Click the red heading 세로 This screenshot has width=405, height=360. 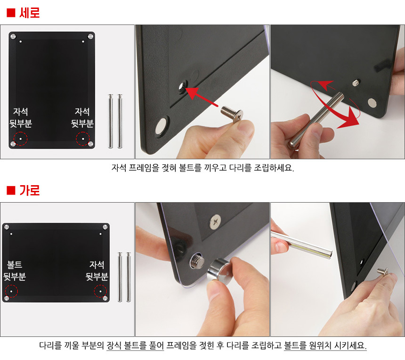click(30, 13)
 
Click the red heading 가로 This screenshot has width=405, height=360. click(30, 190)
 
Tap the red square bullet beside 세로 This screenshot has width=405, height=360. click(11, 13)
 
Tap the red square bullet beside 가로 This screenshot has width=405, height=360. click(11, 190)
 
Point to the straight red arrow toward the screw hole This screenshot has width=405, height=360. click(202, 97)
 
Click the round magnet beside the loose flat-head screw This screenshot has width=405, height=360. click(162, 126)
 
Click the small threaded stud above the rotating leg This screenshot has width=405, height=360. click(356, 83)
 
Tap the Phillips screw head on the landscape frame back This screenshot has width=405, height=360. click(215, 222)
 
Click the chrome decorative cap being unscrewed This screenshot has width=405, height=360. click(218, 270)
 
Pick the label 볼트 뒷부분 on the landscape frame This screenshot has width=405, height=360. click(15, 270)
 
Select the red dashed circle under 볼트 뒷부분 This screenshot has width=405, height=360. click(11, 291)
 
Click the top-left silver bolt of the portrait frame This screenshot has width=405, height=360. click(13, 36)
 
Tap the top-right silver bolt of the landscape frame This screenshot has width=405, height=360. click(105, 227)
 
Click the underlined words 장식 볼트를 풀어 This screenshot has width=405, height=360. click(135, 345)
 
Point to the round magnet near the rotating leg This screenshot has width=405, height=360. click(372, 103)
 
